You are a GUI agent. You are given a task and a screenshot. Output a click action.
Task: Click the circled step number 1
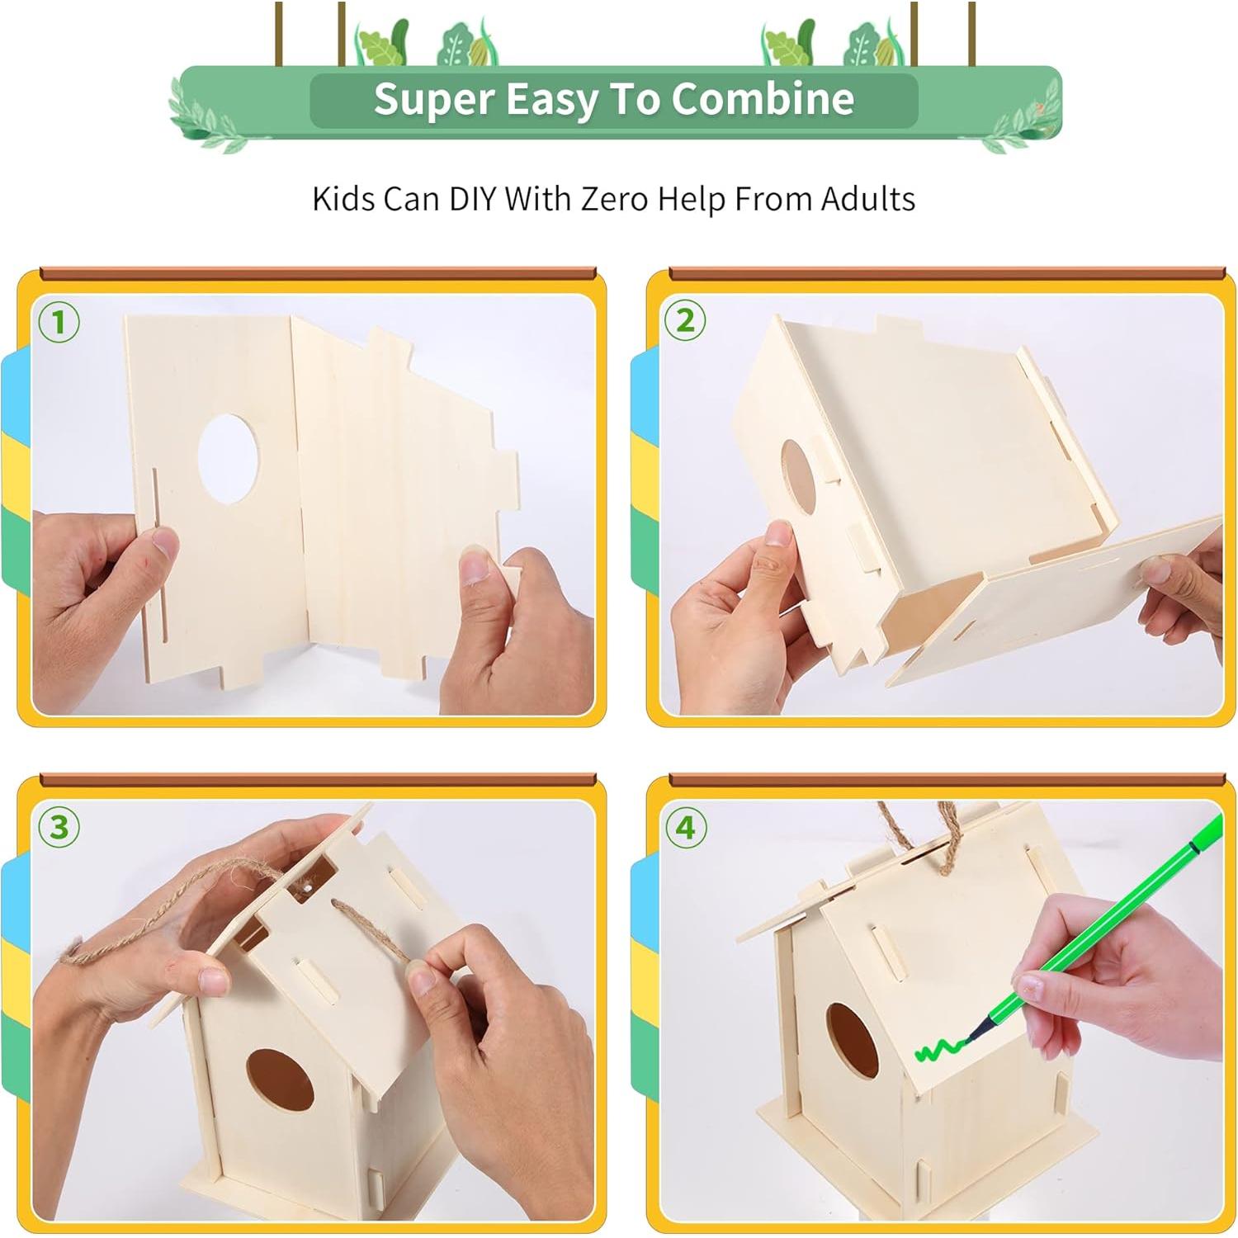(x=59, y=322)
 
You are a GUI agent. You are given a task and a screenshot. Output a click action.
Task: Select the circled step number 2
(x=685, y=320)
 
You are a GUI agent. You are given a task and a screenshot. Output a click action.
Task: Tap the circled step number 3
(x=59, y=827)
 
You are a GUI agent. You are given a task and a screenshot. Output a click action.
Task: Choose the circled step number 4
(x=685, y=827)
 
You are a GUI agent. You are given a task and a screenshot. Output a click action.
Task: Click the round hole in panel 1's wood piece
(x=229, y=459)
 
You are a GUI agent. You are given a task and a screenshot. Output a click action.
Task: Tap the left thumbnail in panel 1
(x=164, y=542)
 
